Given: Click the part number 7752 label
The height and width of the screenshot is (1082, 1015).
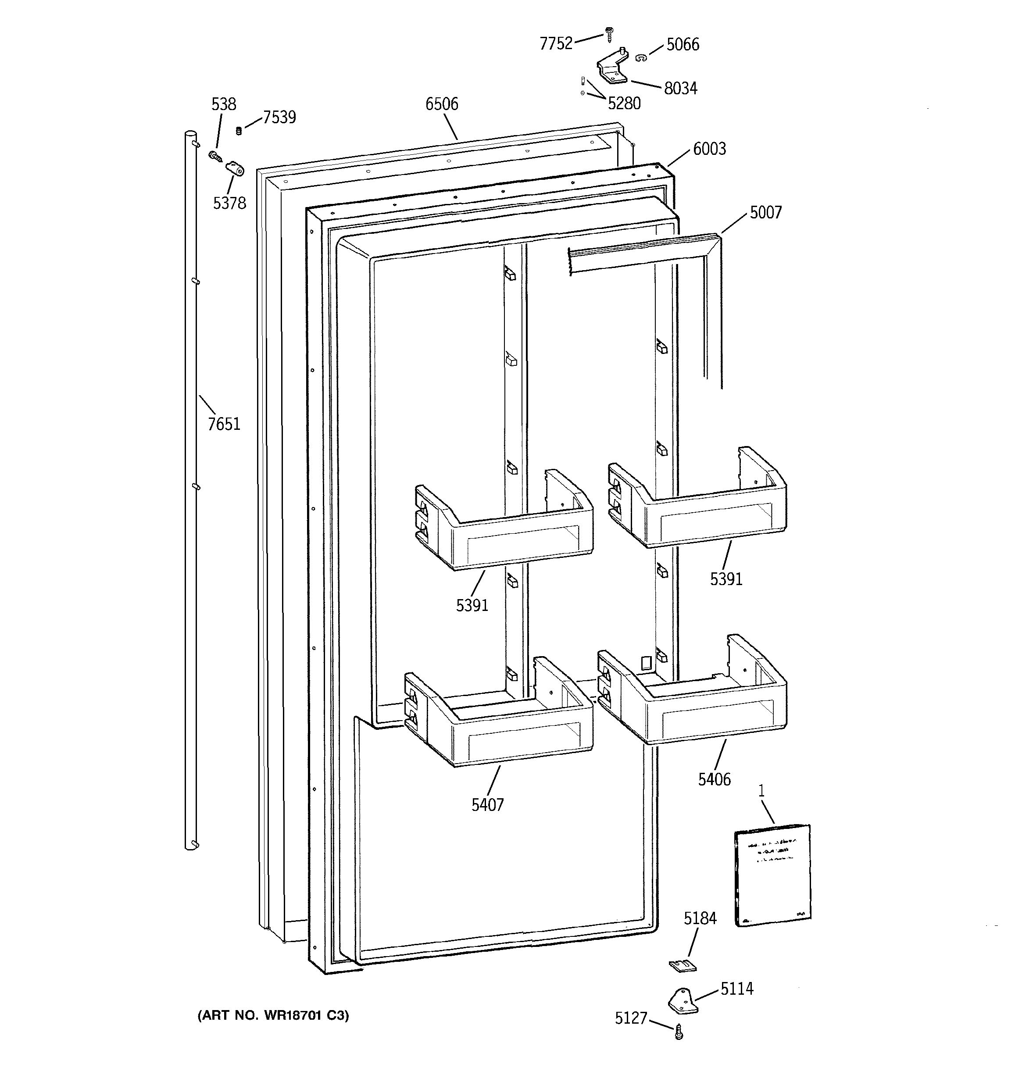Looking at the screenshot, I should (x=556, y=43).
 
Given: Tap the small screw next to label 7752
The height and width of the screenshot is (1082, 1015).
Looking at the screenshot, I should (x=608, y=34).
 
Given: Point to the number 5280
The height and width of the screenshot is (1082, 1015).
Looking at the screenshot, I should (x=624, y=103).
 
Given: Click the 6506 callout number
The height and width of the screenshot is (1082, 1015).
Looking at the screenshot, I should (x=441, y=104).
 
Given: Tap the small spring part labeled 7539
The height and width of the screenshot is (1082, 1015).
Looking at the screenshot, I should (x=238, y=131).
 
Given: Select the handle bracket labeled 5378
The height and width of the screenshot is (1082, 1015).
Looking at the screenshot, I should (x=235, y=170).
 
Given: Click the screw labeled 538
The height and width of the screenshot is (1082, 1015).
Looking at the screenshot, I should (x=214, y=157).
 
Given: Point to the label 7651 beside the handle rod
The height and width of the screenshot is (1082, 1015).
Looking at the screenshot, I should (x=224, y=424).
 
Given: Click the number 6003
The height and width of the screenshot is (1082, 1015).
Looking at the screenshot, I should (x=709, y=149).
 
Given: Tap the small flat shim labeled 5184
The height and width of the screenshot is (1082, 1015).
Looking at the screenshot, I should (x=683, y=965).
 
